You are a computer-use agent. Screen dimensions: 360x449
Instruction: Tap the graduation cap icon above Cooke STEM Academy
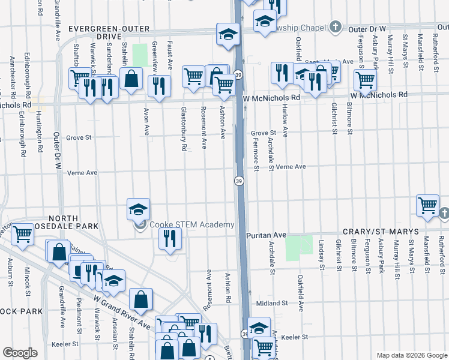pos(138,210)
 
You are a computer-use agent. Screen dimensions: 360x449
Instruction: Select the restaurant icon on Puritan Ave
pos(170,238)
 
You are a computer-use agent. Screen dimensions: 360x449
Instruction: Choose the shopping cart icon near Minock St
pos(23,234)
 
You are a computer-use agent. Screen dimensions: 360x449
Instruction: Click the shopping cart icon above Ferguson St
pos(364,80)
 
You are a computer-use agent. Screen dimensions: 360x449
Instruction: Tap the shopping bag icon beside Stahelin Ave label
pos(130,79)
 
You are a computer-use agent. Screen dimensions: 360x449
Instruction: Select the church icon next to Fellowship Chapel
pos(335,27)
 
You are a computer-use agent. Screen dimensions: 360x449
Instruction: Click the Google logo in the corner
pos(20,353)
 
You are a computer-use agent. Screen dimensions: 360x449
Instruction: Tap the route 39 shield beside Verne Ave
pos(238,181)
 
